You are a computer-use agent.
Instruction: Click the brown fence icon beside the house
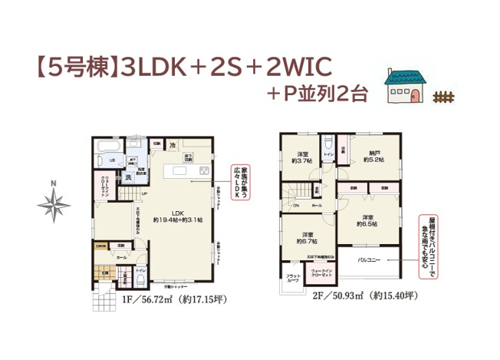pyautogui.click(x=442, y=97)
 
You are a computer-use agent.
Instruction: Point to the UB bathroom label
pyautogui.click(x=112, y=160)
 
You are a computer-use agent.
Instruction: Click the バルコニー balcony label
pyautogui.click(x=370, y=260)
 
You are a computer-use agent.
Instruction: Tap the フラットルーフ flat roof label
pyautogui.click(x=293, y=277)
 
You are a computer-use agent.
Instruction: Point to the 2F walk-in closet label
pyautogui.click(x=321, y=273)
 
